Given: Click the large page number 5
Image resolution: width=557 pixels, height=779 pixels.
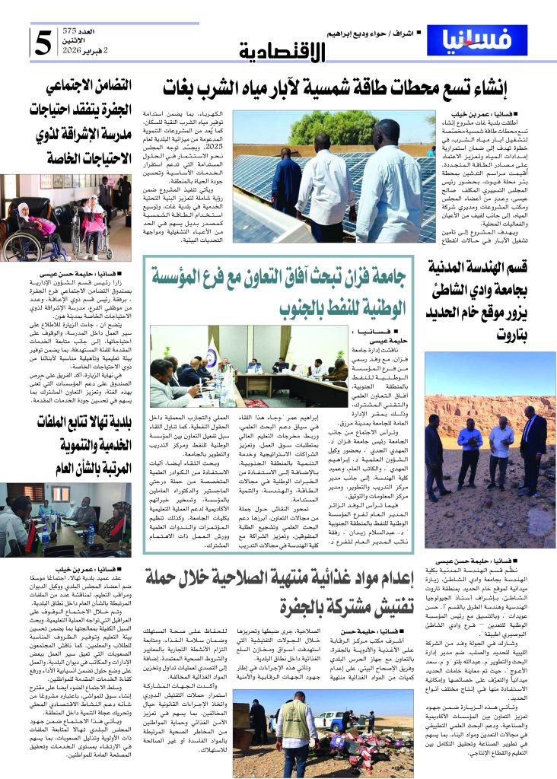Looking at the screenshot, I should pos(44,43).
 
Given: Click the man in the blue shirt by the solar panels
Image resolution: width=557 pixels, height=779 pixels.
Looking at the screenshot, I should pos(287,183).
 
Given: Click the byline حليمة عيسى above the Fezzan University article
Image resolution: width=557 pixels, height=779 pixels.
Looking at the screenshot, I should pos(366,342).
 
